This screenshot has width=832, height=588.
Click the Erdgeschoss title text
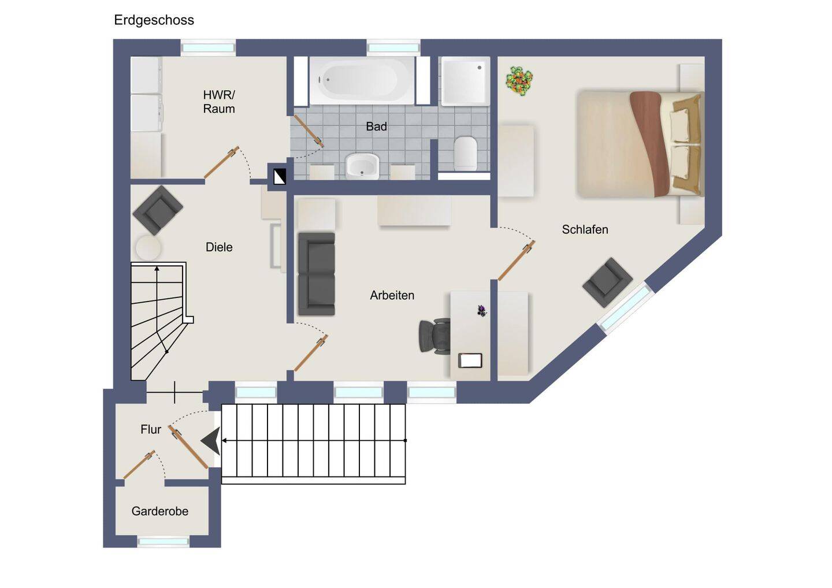pyautogui.click(x=154, y=20)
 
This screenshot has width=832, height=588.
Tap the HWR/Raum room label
pyautogui.click(x=219, y=102)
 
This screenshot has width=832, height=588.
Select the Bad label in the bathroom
pyautogui.click(x=376, y=126)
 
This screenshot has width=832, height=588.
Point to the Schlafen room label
pyautogui.click(x=585, y=229)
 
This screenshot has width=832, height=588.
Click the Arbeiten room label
pyautogui.click(x=392, y=295)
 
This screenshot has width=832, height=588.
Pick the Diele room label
pyautogui.click(x=219, y=247)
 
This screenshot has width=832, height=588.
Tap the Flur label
pyautogui.click(x=151, y=430)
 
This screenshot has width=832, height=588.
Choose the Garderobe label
pyautogui.click(x=159, y=511)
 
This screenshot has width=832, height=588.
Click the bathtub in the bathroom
pyautogui.click(x=362, y=80)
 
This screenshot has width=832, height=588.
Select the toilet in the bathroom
pyautogui.click(x=466, y=154)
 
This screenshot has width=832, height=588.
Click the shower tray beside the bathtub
pyautogui.click(x=465, y=81)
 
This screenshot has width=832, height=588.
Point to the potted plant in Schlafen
pyautogui.click(x=519, y=81)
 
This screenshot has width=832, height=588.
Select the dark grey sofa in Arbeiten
pyautogui.click(x=317, y=274)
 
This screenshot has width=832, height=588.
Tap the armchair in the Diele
pyautogui.click(x=158, y=210)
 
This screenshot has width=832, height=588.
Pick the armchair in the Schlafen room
pyautogui.click(x=607, y=282)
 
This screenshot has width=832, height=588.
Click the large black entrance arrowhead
pyautogui.click(x=211, y=441)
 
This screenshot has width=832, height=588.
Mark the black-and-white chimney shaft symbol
pyautogui.click(x=280, y=177)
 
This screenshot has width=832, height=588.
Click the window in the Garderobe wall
pyautogui.click(x=163, y=542)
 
